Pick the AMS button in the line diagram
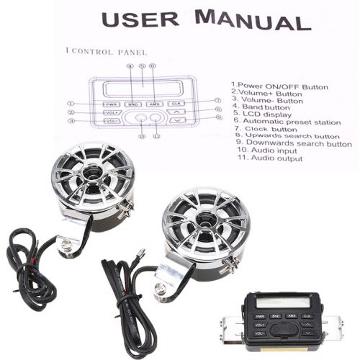[153, 104]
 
